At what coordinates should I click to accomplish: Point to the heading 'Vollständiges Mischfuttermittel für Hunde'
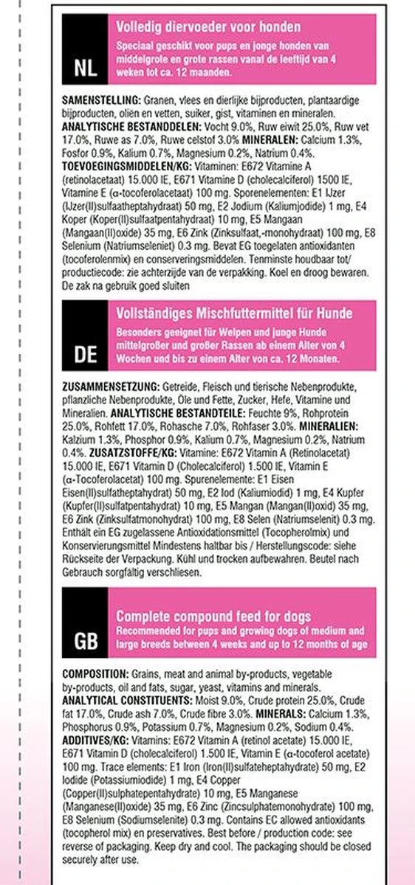click(234, 313)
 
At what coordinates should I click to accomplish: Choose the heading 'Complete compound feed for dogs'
click(213, 616)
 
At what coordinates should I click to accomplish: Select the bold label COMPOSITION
click(95, 674)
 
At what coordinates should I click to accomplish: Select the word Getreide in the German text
click(182, 386)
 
